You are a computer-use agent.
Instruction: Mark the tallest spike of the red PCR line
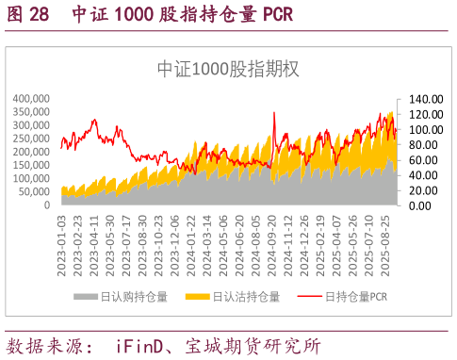273,113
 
